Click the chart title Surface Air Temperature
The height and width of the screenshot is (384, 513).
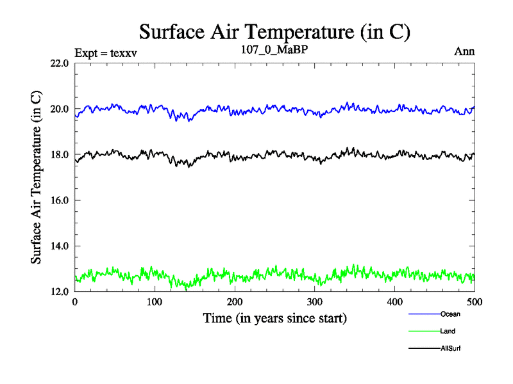274,31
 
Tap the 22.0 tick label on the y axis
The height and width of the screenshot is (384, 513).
59,63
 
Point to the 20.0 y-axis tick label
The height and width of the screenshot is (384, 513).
59,109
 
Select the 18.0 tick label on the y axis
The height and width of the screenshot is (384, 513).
59,154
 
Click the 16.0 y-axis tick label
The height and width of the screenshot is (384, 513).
59,200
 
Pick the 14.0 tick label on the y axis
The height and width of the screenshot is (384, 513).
59,246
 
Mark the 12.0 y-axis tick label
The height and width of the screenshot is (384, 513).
59,291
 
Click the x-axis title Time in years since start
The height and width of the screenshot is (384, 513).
274,317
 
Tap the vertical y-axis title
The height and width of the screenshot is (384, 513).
37,177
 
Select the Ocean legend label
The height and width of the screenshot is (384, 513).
450,314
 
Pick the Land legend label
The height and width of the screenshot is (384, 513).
448,331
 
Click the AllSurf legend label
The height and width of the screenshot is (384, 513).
451,348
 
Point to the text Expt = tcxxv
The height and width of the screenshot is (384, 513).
106,52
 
